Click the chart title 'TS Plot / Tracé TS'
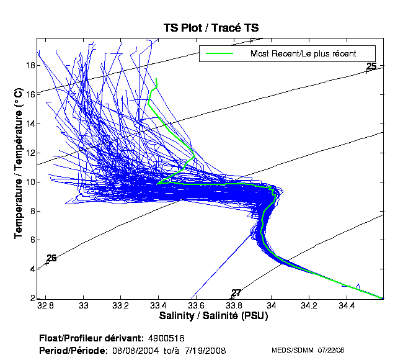click(210, 28)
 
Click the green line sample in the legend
click(219, 53)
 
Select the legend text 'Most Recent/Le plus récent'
click(303, 53)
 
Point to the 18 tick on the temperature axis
click(29, 65)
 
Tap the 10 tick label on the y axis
click(29, 182)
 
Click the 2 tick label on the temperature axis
click(31, 299)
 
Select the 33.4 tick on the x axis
click(159, 306)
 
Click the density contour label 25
click(371, 66)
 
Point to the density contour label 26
click(51, 258)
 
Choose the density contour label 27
click(236, 293)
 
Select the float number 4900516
click(166, 338)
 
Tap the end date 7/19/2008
click(206, 351)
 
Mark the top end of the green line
click(157, 79)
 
